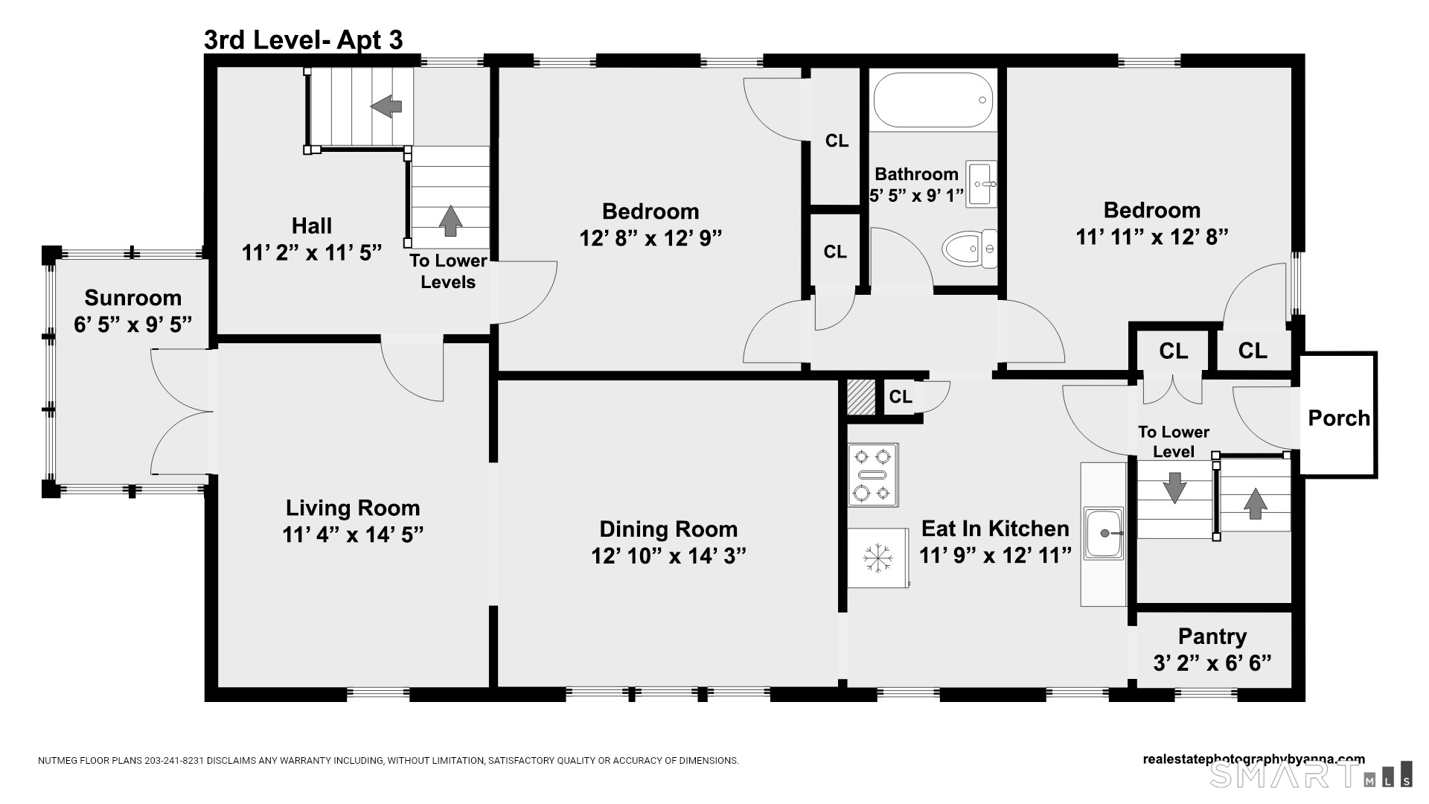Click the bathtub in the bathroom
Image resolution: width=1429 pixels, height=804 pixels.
(x=933, y=100)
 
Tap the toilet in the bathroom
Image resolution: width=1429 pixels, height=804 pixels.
(x=969, y=249)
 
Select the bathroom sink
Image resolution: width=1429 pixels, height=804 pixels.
(x=982, y=183)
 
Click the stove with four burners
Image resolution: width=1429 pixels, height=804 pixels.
(x=873, y=474)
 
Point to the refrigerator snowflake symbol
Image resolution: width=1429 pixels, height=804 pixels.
(x=877, y=558)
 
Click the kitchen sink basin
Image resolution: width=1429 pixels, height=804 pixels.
(x=1104, y=533)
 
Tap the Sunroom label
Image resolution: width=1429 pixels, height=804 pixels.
(x=133, y=298)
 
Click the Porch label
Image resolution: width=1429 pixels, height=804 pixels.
(x=1339, y=418)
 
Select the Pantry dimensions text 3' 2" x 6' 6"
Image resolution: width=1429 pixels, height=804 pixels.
(x=1212, y=663)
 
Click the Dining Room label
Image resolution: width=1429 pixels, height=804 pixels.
(x=668, y=529)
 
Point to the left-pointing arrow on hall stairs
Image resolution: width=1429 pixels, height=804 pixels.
(x=386, y=106)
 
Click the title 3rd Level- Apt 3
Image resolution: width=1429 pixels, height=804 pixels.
(x=304, y=40)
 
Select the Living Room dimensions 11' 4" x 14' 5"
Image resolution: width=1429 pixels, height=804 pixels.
(x=353, y=535)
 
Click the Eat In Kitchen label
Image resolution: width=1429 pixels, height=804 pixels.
(x=995, y=529)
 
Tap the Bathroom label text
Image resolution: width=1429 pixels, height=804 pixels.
(x=916, y=174)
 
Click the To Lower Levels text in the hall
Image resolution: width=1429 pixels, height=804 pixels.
(x=448, y=271)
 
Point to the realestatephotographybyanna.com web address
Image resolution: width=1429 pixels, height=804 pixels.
(x=1254, y=759)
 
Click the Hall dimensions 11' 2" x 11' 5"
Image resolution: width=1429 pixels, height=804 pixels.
(x=312, y=252)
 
